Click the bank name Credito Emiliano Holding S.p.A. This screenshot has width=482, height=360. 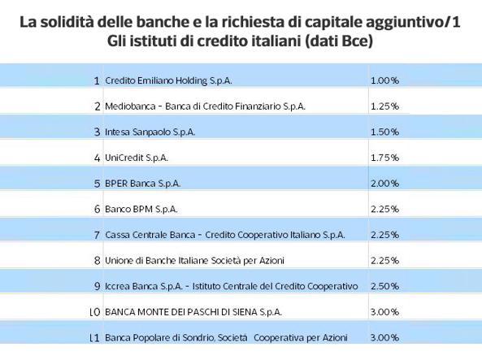[x=168, y=80]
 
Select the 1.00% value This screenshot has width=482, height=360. [x=384, y=80]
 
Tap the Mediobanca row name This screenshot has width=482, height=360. [x=205, y=106]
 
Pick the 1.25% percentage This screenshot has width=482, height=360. [x=384, y=106]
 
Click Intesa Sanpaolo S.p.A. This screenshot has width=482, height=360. [x=150, y=132]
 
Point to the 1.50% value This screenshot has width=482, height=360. [x=384, y=132]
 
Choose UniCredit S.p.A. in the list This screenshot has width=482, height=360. [x=137, y=158]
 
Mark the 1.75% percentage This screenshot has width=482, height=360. [x=384, y=158]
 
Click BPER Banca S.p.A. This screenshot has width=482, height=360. [x=142, y=184]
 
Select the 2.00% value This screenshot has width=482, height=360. [x=384, y=184]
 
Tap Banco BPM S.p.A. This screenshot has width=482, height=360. [x=141, y=210]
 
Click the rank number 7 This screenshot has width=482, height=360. [x=97, y=235]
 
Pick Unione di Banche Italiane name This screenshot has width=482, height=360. [x=194, y=261]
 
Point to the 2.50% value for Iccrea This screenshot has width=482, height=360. [x=384, y=286]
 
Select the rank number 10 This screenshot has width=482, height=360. [x=94, y=312]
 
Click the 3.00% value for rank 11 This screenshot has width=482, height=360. [x=384, y=337]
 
